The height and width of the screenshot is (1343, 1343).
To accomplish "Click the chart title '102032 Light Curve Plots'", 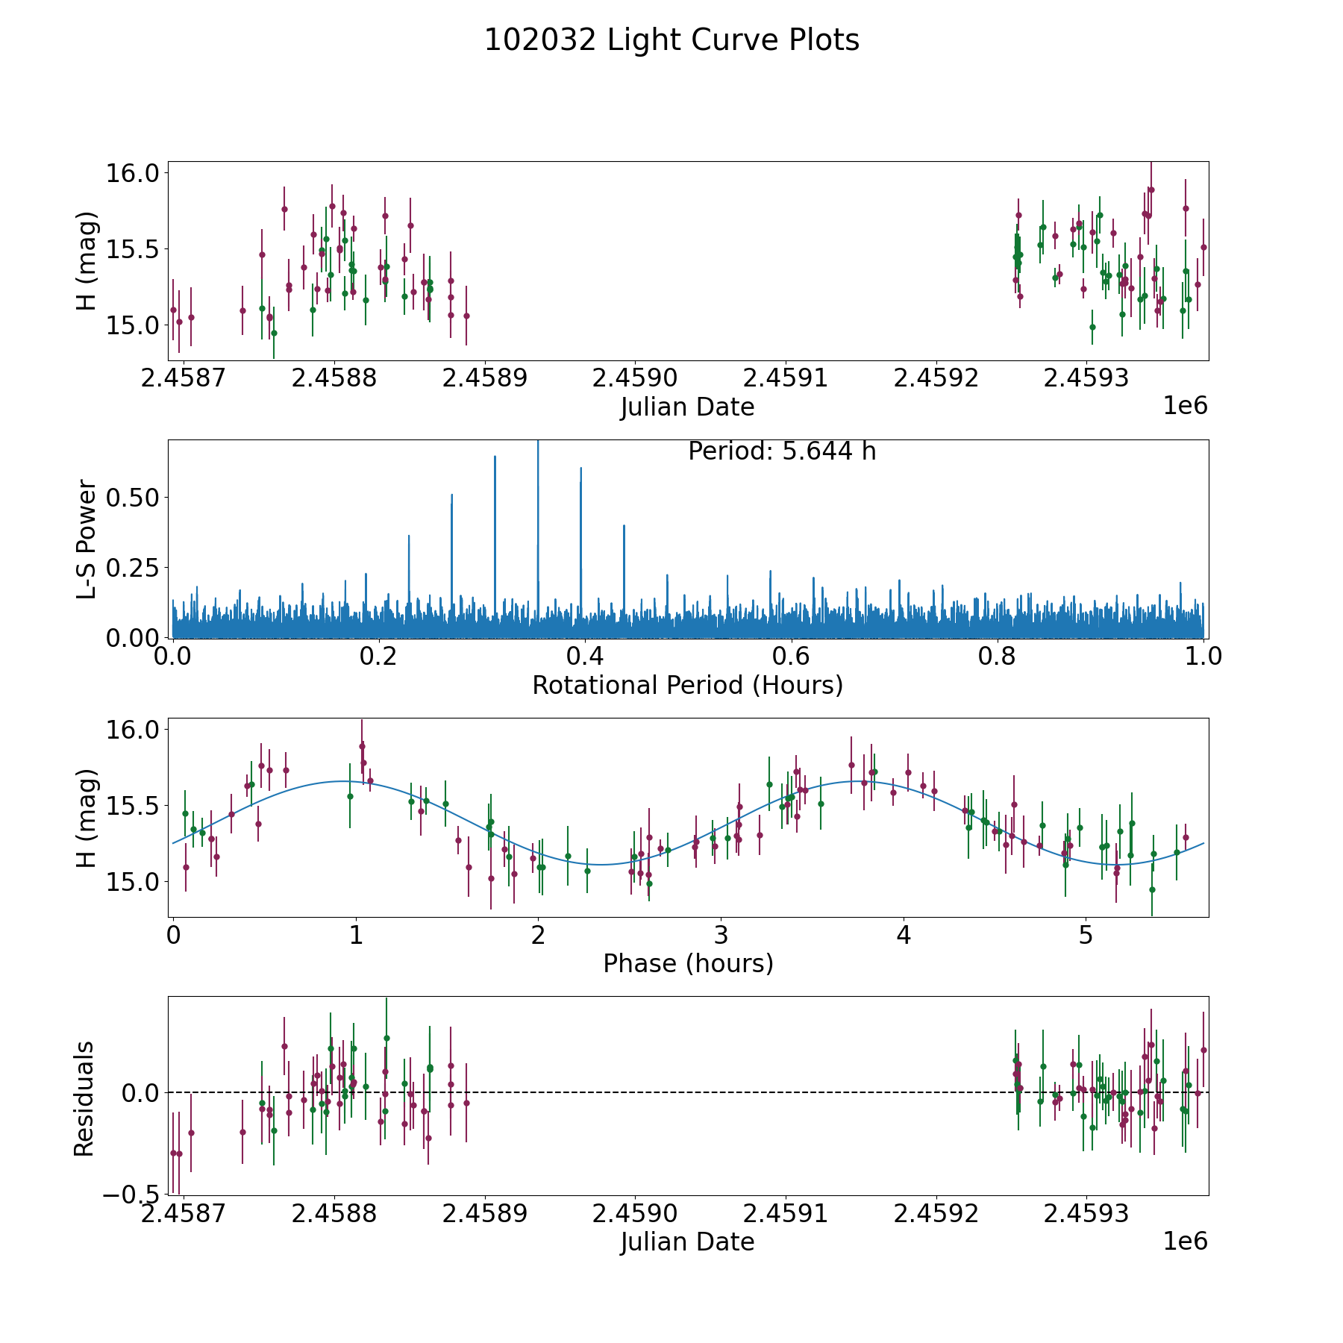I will (x=671, y=40).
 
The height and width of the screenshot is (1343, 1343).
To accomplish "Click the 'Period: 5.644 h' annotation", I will (x=781, y=451).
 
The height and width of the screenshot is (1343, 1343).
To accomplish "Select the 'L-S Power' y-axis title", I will (x=87, y=539).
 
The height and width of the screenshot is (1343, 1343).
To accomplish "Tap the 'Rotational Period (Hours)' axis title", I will (x=687, y=685).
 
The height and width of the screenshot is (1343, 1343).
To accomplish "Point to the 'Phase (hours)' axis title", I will (x=687, y=963).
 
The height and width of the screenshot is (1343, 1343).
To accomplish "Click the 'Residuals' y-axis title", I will (x=84, y=1098).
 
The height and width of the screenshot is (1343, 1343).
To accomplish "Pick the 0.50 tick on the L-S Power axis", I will (x=134, y=498).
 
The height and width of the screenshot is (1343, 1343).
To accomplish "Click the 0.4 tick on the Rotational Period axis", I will (x=585, y=657).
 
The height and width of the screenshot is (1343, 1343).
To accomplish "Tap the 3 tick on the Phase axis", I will (x=721, y=936).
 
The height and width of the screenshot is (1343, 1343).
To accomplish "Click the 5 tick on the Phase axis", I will (x=1086, y=936).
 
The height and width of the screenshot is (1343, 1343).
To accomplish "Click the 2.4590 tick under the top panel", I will (x=635, y=378).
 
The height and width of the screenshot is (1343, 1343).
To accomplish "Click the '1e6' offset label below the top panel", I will (x=1185, y=406).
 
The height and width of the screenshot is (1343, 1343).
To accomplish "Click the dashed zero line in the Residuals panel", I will (x=746, y=1092).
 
